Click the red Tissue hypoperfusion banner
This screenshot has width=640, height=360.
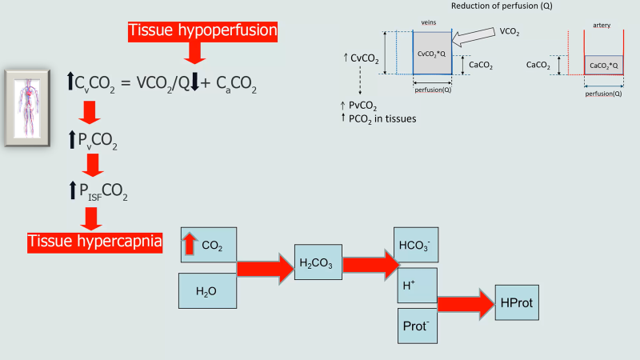pyautogui.click(x=202, y=31)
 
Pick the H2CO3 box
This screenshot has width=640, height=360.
pyautogui.click(x=318, y=262)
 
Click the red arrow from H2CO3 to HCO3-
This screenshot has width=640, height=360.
pyautogui.click(x=369, y=262)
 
